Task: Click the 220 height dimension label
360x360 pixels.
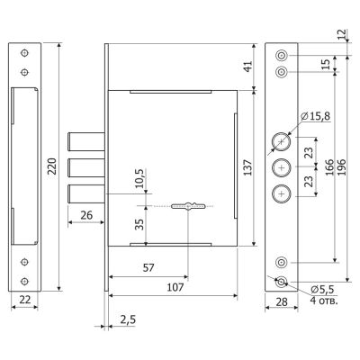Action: tap(52, 166)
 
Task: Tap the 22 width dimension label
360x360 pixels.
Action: tap(24, 299)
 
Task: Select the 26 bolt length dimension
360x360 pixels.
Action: tap(86, 215)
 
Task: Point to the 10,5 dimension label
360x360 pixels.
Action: tap(139, 178)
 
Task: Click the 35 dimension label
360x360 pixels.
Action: tap(139, 224)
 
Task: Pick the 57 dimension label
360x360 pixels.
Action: tap(148, 267)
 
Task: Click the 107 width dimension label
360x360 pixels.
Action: tap(175, 287)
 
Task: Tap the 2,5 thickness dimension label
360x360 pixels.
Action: tap(128, 319)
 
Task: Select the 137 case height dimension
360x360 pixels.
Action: tap(247, 167)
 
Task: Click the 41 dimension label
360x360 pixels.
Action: tap(247, 67)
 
